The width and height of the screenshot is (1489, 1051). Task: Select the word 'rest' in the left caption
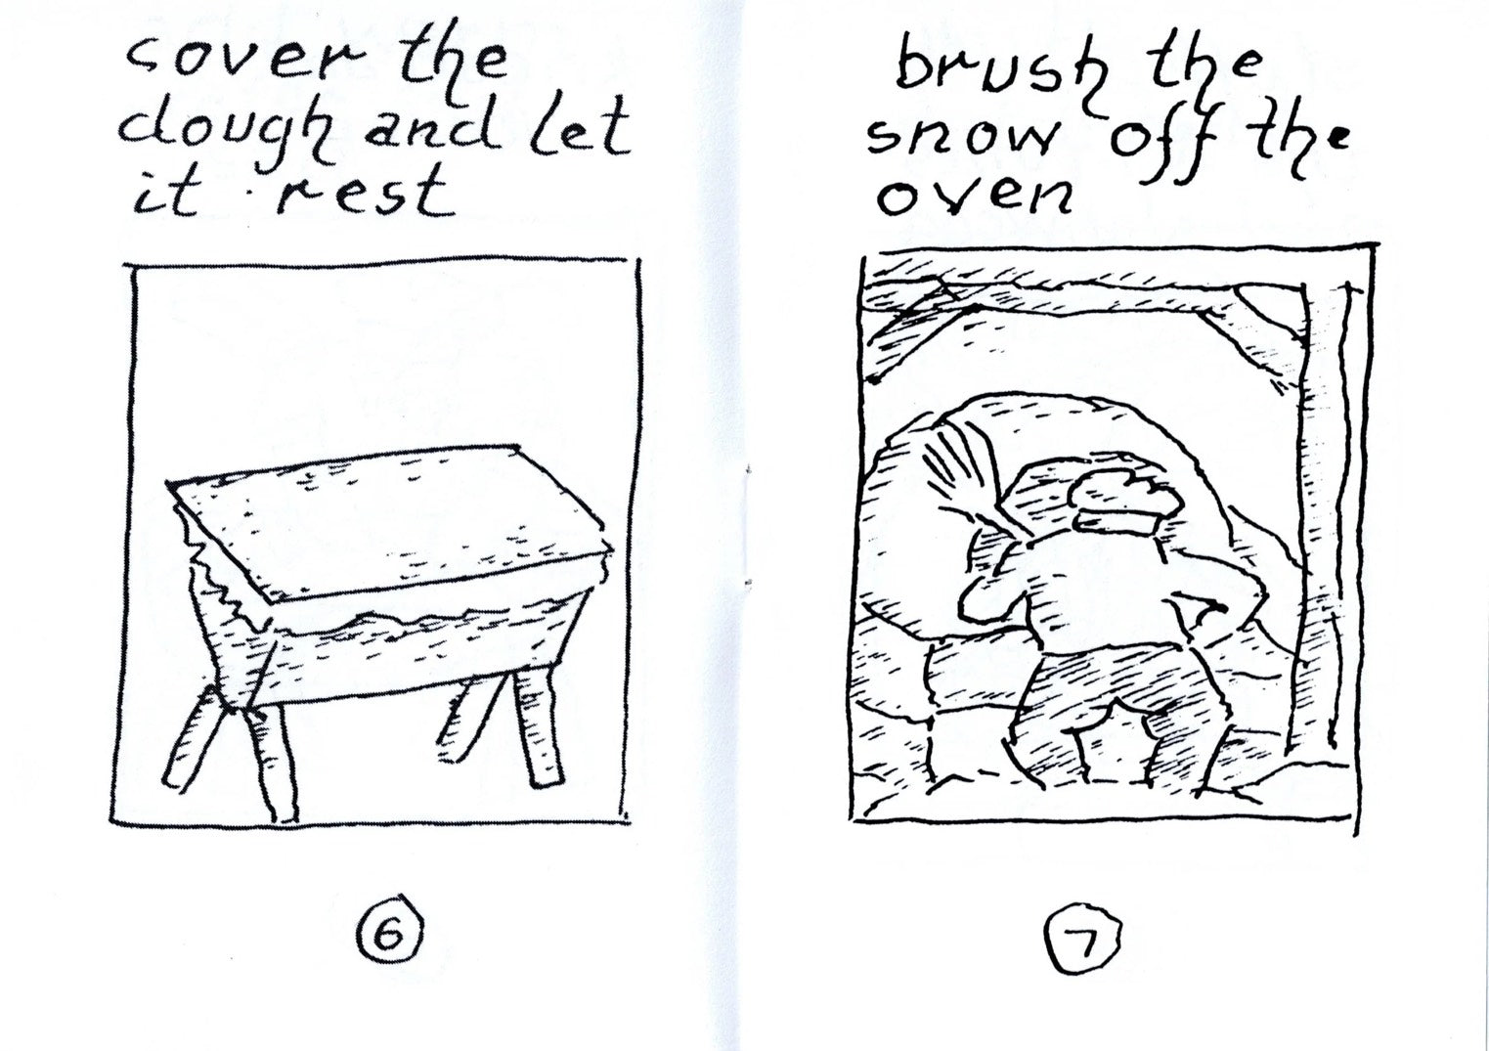tap(365, 193)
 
